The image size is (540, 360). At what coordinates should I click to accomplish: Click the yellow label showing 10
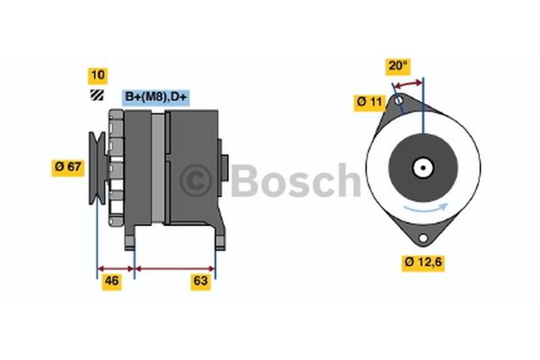pos(98,76)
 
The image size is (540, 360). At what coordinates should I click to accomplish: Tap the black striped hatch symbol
pos(97,95)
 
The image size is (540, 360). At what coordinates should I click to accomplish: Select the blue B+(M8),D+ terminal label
pos(156,97)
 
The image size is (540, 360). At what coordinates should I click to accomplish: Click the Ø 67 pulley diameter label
pos(68,168)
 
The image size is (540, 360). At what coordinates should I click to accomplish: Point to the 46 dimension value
pos(111,282)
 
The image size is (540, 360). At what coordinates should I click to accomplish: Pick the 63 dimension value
pos(200,282)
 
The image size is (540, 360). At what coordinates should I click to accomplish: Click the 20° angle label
pos(398,66)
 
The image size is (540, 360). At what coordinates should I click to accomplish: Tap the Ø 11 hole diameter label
pos(369,103)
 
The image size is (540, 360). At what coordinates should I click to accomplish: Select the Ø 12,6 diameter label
pos(423,263)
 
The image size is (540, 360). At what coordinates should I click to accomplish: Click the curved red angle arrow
pos(408,84)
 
